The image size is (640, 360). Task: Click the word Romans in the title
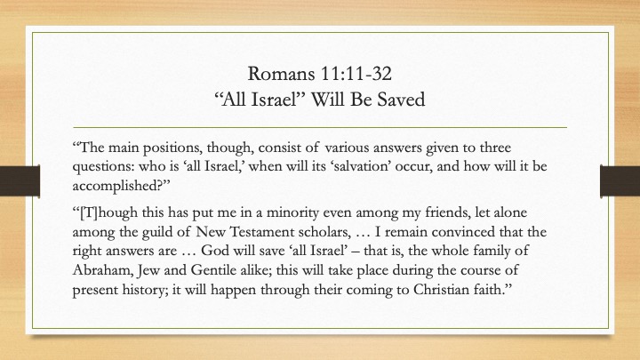281,74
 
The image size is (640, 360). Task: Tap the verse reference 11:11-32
356,74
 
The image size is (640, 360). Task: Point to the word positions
172,148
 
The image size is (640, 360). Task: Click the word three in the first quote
495,148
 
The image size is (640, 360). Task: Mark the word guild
157,233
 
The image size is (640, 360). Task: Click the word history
144,291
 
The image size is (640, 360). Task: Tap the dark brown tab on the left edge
20,180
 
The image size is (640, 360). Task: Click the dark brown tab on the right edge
620,180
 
